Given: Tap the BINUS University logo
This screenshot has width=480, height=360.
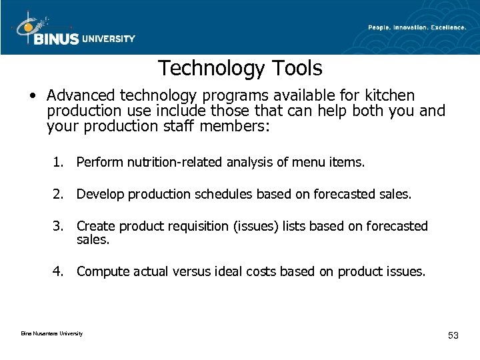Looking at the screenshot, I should tap(73, 29).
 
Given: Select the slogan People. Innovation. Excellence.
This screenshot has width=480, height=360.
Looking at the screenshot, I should tap(417, 27).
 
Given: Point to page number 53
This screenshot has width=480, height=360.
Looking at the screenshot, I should tap(453, 335).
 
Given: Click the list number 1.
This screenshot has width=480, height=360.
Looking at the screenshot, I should tap(60, 161).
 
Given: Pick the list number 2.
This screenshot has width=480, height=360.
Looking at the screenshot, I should tap(60, 194).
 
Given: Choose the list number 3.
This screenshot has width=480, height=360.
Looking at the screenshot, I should tap(60, 226).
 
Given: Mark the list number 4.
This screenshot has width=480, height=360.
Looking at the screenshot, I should tap(60, 271).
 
